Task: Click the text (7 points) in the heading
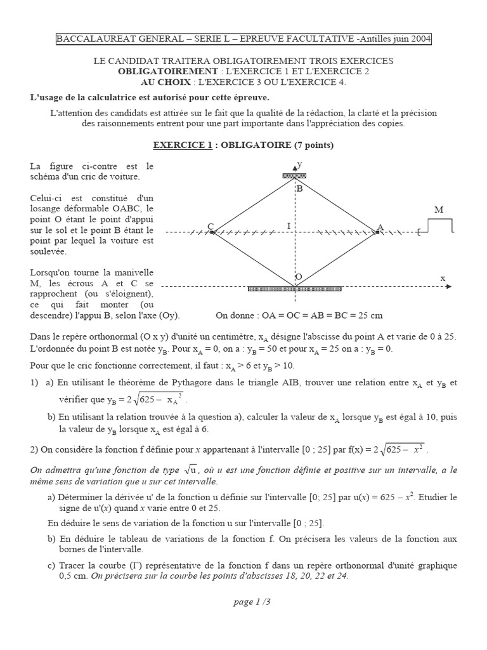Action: [313, 145]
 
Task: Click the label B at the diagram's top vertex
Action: [299, 189]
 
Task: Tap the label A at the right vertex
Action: [380, 227]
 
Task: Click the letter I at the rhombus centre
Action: [289, 226]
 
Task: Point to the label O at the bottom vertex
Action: [299, 277]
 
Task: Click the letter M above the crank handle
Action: [439, 209]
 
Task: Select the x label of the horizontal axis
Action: [443, 278]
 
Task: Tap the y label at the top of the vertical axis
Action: [300, 164]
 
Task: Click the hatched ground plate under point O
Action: [294, 288]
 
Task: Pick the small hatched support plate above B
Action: [294, 176]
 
